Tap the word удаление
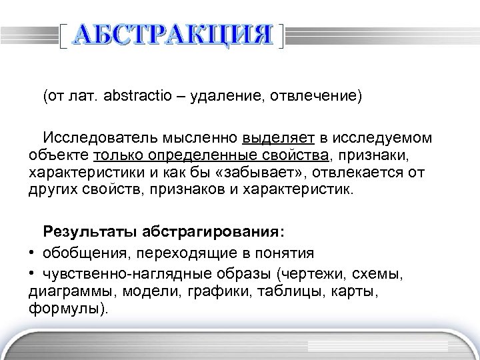[229, 97]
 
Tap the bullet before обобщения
[33, 253]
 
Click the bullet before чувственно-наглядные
[33, 275]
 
